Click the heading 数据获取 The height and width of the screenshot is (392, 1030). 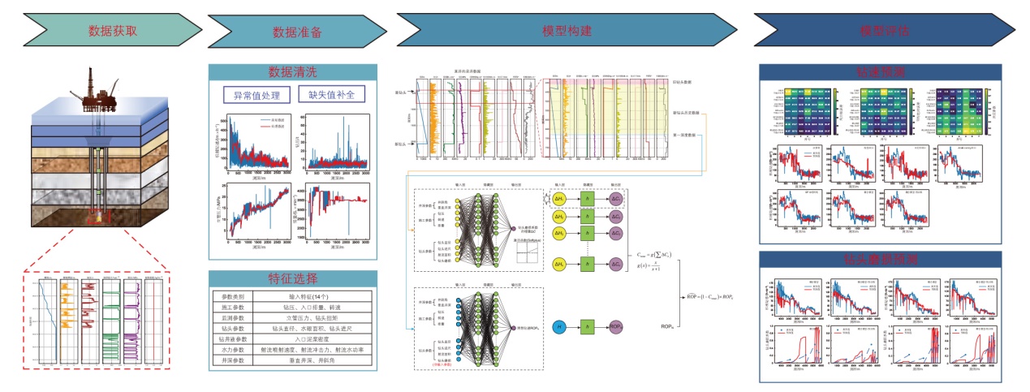click(113, 32)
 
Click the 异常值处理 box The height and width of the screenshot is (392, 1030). click(256, 95)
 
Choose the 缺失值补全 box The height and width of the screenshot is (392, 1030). click(331, 95)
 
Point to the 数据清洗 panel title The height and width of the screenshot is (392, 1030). click(293, 72)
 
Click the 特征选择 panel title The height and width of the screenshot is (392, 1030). click(293, 278)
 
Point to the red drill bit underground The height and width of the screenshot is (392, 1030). click(100, 216)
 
